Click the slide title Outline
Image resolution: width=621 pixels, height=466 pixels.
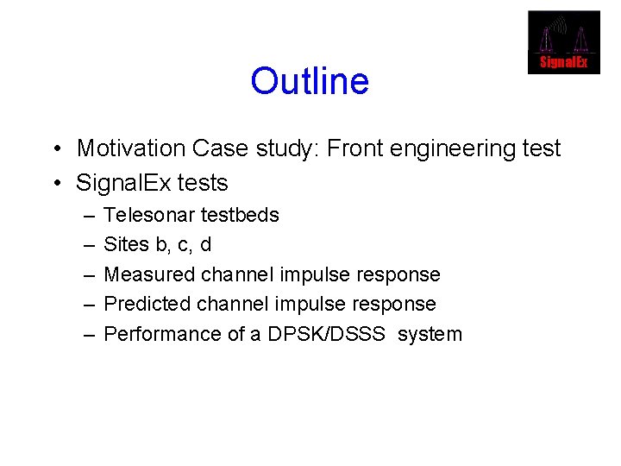[x=310, y=82]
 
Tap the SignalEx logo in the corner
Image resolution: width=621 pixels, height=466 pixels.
[x=563, y=42]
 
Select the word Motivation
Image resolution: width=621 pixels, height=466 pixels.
[x=131, y=148]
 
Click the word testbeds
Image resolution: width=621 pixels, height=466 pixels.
[x=241, y=215]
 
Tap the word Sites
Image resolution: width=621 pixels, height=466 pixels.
[x=126, y=244]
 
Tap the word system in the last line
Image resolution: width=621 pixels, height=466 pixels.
[x=430, y=335]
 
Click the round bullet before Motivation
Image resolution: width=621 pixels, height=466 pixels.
[x=54, y=149]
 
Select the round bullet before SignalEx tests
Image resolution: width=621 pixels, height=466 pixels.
[x=54, y=184]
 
